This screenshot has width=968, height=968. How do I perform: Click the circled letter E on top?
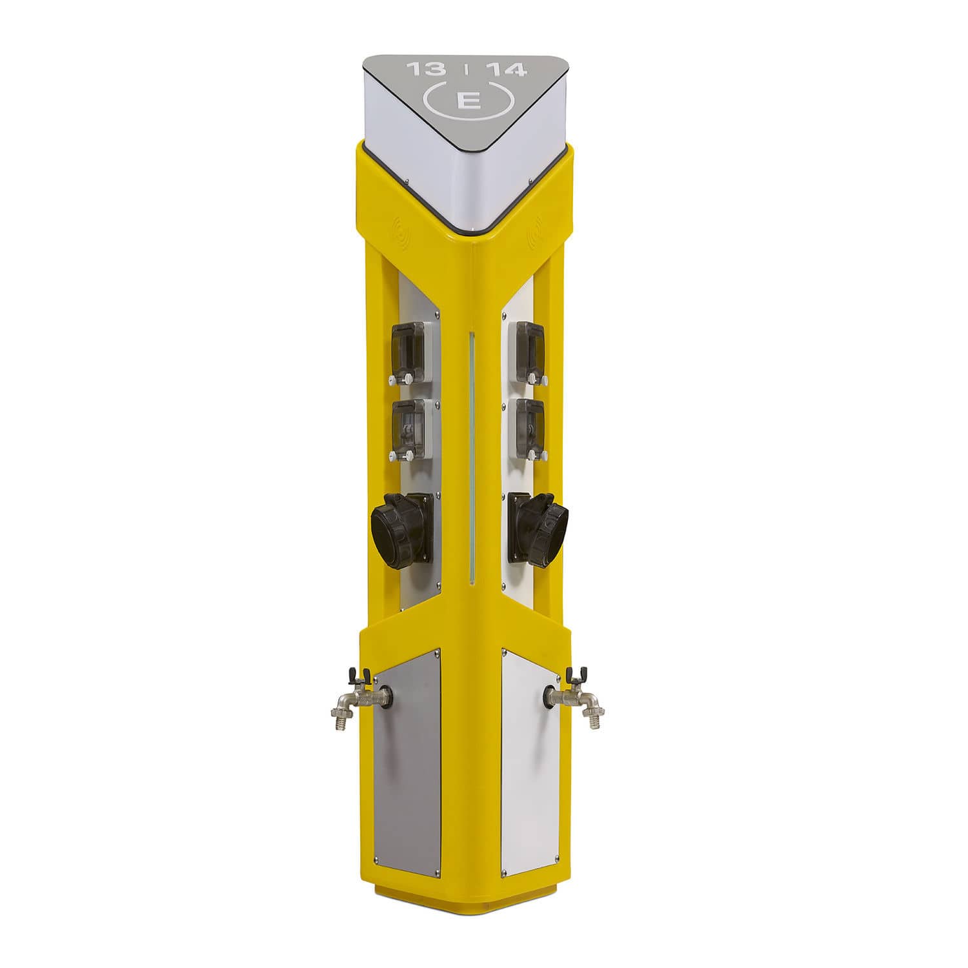pos(466,101)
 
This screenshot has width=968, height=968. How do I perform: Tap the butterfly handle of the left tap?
pos(356,675)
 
